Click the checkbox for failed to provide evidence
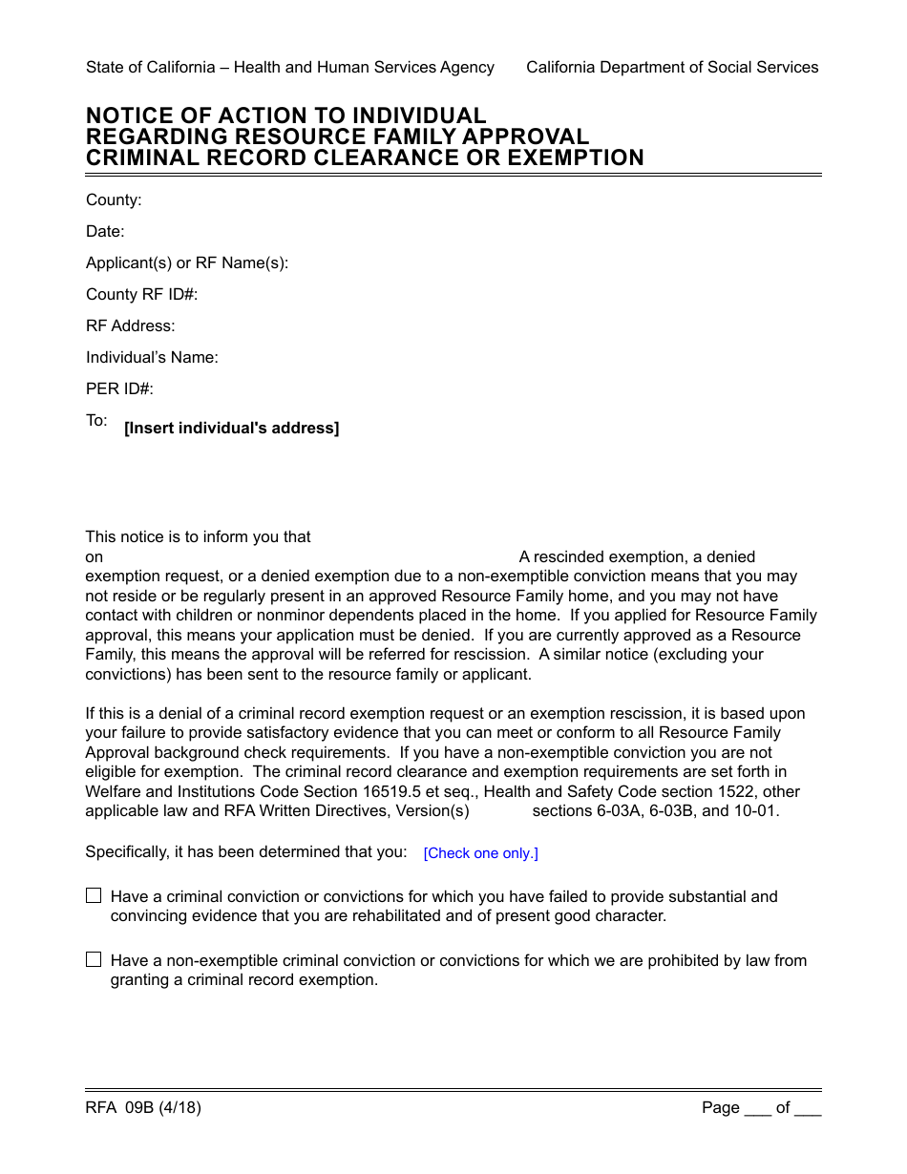[x=94, y=895]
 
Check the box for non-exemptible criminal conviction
[x=94, y=959]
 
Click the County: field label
[x=114, y=199]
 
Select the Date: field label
[x=105, y=231]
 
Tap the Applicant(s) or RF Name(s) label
[x=187, y=262]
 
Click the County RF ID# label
[x=141, y=294]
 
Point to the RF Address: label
[x=131, y=325]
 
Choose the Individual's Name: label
[x=152, y=357]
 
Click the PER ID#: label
[x=119, y=388]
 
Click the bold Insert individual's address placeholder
[x=231, y=429]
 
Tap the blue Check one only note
[x=480, y=853]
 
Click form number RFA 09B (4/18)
[x=143, y=1107]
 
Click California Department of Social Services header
[x=672, y=67]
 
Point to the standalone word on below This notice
[x=95, y=556]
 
